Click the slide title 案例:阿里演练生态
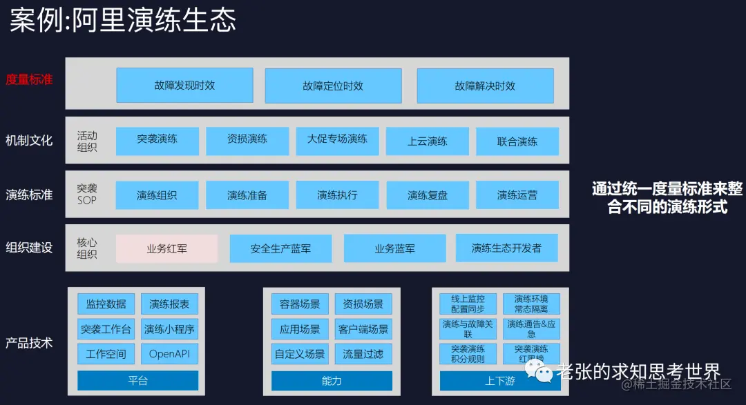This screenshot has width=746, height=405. coord(123,20)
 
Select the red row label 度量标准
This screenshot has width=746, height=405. coord(29,79)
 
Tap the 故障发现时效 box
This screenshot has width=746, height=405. coord(184,86)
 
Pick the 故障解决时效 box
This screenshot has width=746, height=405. coord(485,86)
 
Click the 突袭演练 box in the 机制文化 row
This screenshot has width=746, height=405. coord(157,140)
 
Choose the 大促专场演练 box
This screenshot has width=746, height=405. coord(337,140)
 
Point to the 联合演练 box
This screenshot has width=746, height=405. coord(517,141)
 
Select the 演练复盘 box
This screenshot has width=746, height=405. coord(428,195)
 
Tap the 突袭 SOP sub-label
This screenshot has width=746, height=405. coord(87,194)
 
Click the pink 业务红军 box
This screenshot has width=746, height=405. coord(166,248)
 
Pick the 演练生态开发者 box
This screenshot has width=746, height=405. coord(506,248)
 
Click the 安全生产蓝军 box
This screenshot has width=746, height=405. coord(280,248)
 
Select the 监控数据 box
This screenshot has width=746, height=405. coord(106,304)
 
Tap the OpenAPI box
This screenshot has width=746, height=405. coord(169,354)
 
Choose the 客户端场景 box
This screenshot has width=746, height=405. coord(363,329)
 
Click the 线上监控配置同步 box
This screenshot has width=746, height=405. coord(468,304)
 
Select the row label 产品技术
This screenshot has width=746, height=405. coord(29,342)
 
